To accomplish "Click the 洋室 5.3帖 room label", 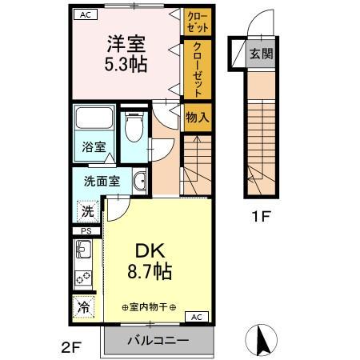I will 127,54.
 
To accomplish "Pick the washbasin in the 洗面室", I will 138,181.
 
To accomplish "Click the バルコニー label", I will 160,341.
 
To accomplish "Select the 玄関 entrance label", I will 260,54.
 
